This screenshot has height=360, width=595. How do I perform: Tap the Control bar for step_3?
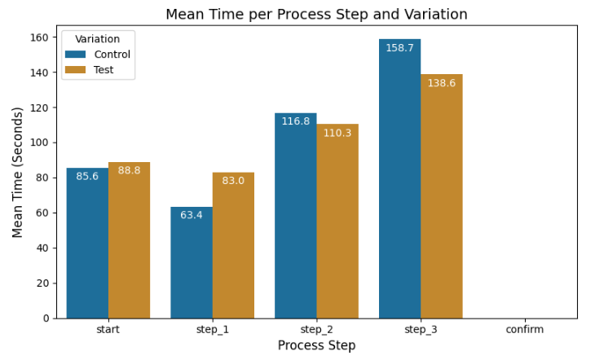pyautogui.click(x=399, y=178)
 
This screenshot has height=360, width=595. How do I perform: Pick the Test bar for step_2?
pyautogui.click(x=337, y=221)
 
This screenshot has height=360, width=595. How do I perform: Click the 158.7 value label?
pyautogui.click(x=399, y=48)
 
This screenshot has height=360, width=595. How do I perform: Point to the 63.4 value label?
pyautogui.click(x=192, y=215)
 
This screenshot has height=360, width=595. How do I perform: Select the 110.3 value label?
pyautogui.click(x=337, y=133)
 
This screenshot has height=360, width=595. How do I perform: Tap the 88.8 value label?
pyautogui.click(x=129, y=170)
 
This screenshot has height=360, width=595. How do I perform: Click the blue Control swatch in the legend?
pyautogui.click(x=77, y=55)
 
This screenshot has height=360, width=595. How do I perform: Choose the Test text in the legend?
pyautogui.click(x=104, y=70)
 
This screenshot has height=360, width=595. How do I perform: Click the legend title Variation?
pyautogui.click(x=97, y=39)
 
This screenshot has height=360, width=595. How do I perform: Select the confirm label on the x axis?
pyautogui.click(x=524, y=329)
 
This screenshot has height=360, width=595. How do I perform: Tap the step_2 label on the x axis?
pyautogui.click(x=316, y=329)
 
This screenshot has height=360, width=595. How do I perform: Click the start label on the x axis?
pyautogui.click(x=108, y=329)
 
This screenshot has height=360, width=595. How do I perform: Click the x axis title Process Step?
pyautogui.click(x=316, y=345)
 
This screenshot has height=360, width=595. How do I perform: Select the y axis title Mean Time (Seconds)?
pyautogui.click(x=18, y=172)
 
